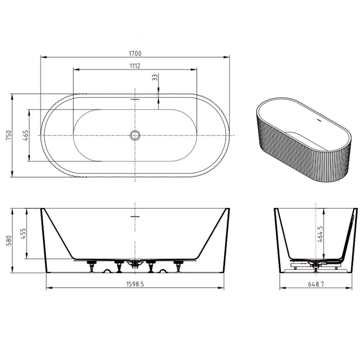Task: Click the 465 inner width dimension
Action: click(25, 135)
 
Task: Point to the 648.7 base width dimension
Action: click(315, 284)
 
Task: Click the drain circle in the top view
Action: click(135, 135)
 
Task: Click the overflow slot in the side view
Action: click(135, 216)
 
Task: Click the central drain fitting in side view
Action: click(134, 264)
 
